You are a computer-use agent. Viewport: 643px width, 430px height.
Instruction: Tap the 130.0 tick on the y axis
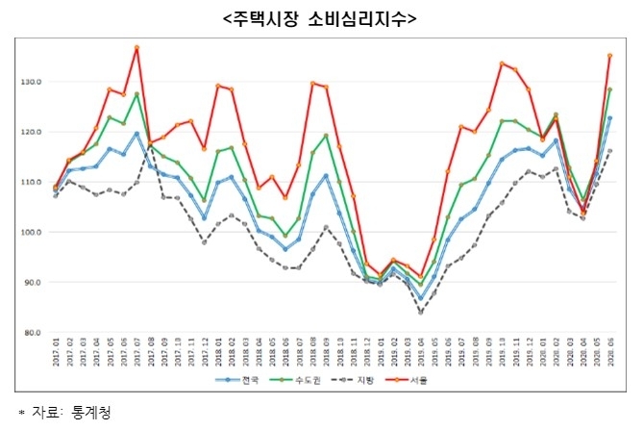pos(28,82)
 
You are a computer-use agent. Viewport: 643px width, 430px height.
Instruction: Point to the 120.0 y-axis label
pos(28,132)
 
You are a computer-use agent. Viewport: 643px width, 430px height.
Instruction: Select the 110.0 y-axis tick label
pos(28,182)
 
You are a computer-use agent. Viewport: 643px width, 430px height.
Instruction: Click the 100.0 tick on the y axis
pos(28,232)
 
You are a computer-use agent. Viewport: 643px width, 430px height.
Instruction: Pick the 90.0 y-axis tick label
pos(29,282)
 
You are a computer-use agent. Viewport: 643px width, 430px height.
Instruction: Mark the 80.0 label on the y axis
pos(29,333)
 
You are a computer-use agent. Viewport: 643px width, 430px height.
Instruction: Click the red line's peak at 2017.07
pos(137,47)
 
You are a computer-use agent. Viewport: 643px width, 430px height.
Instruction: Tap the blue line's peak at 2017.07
pos(137,134)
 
